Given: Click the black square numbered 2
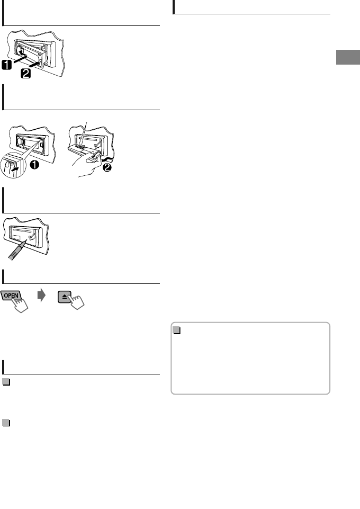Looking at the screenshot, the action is click(24, 75).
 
